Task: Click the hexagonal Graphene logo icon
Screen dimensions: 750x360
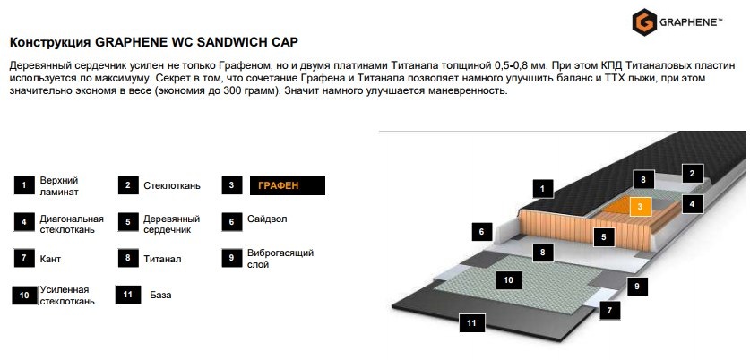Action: click(x=643, y=22)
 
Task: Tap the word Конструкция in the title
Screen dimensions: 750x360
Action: click(x=51, y=43)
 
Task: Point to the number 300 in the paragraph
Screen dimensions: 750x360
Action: click(x=231, y=90)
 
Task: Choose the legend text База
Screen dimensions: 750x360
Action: click(x=160, y=295)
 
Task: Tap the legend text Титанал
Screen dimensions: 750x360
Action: click(x=162, y=259)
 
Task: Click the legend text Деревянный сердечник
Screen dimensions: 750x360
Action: click(x=171, y=224)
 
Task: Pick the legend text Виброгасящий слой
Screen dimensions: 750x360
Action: click(x=280, y=258)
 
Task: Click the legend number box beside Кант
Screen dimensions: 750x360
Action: click(x=24, y=258)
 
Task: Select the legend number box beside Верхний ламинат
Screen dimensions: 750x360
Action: click(x=24, y=185)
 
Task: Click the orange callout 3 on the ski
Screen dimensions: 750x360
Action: click(x=640, y=207)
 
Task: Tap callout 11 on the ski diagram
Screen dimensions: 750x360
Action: click(x=472, y=323)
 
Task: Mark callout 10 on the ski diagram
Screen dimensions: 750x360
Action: click(x=508, y=280)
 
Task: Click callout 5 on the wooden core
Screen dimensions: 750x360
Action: click(x=604, y=237)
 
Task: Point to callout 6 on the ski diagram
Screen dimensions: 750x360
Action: click(x=482, y=232)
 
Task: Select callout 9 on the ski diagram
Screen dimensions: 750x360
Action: click(x=637, y=287)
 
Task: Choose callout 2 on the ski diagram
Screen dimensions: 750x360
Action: click(x=692, y=174)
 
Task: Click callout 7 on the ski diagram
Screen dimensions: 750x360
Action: click(x=610, y=311)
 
